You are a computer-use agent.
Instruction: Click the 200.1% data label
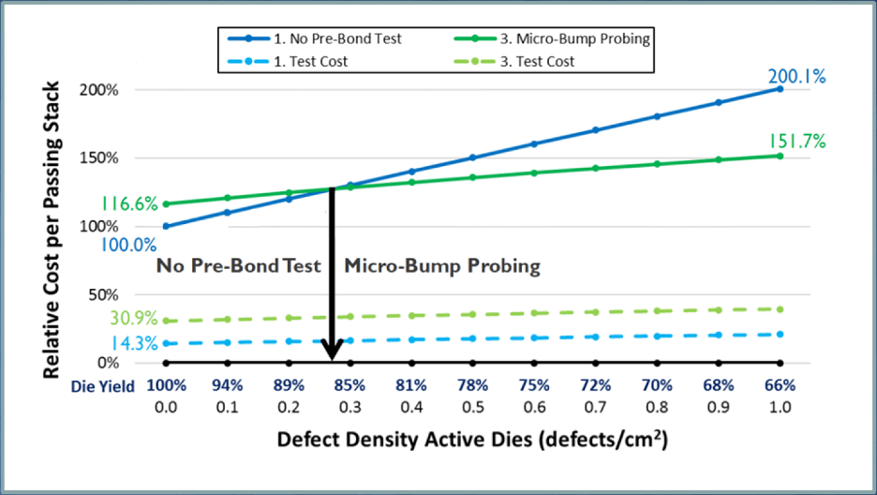pyautogui.click(x=796, y=77)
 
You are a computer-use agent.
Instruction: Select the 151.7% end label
pyautogui.click(x=796, y=142)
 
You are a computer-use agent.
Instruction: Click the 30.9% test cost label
pyautogui.click(x=133, y=319)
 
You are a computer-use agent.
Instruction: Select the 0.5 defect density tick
pyautogui.click(x=473, y=406)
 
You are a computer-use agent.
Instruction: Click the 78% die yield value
pyautogui.click(x=473, y=385)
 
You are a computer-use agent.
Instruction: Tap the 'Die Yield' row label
pyautogui.click(x=104, y=385)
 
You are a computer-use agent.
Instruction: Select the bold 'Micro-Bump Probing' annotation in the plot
pyautogui.click(x=442, y=266)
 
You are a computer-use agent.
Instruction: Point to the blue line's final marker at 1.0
pyautogui.click(x=780, y=89)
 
